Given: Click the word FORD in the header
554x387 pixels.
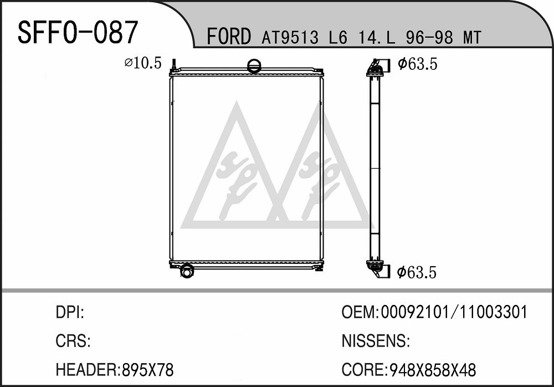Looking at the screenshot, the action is pyautogui.click(x=229, y=37).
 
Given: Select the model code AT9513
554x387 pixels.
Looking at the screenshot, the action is pyautogui.click(x=290, y=37).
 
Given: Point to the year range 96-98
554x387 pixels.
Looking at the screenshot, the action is pyautogui.click(x=429, y=37).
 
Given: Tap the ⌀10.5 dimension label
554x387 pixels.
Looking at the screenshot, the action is pyautogui.click(x=143, y=63).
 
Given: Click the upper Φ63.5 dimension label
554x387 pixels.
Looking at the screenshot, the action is pyautogui.click(x=418, y=64).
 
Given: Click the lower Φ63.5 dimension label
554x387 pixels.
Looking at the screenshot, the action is pyautogui.click(x=417, y=272).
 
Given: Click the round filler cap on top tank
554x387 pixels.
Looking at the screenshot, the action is pyautogui.click(x=254, y=65).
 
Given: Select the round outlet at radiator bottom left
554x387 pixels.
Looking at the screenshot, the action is pyautogui.click(x=186, y=271).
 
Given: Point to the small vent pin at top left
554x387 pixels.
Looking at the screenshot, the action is pyautogui.click(x=174, y=65).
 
